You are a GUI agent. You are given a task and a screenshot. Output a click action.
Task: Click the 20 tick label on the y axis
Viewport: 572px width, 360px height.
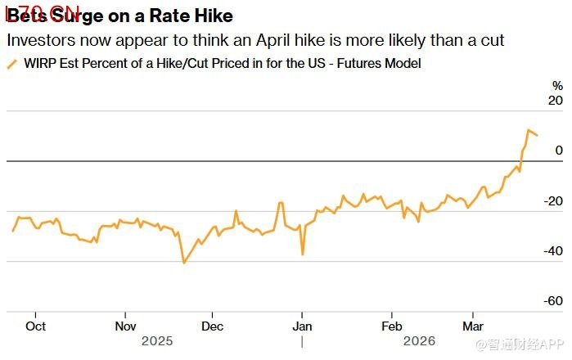click(x=556, y=101)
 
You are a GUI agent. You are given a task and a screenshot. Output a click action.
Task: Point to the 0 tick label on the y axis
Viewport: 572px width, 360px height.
click(x=559, y=151)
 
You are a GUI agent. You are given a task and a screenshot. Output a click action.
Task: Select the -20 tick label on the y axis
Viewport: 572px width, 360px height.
click(x=554, y=201)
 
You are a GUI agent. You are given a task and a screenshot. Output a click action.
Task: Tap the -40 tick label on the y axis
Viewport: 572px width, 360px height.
click(x=554, y=251)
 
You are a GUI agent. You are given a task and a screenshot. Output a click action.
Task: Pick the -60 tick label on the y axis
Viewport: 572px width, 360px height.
click(x=554, y=301)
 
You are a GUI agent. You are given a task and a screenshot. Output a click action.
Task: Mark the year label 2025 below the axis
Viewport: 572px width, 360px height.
click(x=158, y=340)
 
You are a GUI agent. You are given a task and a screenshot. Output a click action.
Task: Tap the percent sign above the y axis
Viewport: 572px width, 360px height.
click(x=557, y=85)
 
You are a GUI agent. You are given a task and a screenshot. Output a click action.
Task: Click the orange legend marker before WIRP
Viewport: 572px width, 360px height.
click(x=11, y=64)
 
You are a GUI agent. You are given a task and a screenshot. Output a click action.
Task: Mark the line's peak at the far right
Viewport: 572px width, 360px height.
click(x=529, y=129)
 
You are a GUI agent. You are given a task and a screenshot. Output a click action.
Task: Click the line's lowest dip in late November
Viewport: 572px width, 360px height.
click(x=184, y=263)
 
